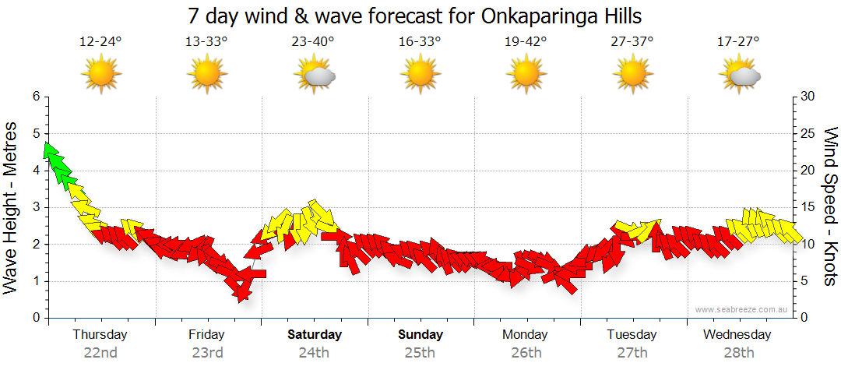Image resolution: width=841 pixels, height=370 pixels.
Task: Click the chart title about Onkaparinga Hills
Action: coord(415,16)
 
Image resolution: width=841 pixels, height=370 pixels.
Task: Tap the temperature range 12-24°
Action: coord(100,42)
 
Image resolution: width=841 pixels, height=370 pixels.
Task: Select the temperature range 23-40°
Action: coord(313,42)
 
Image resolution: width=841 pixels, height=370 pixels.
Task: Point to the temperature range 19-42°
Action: coord(526,42)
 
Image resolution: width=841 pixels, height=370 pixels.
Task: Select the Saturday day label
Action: coord(314,335)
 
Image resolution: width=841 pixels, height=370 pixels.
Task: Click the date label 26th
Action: coord(526,352)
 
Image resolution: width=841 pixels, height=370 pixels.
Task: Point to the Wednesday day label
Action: coord(737,335)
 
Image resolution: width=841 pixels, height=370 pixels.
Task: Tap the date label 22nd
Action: coord(100,352)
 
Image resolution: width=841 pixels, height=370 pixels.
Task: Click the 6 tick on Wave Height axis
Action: coord(35,97)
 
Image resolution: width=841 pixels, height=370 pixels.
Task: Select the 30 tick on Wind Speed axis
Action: coord(809,97)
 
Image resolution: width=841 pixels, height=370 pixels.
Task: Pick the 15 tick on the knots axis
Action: coord(809,207)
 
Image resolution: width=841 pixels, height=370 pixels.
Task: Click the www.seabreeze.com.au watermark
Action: coord(742,309)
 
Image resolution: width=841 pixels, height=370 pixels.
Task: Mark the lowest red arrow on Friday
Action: coord(243,291)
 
